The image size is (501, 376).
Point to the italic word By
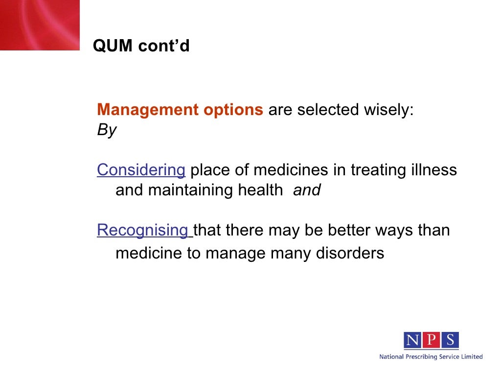pos(107,130)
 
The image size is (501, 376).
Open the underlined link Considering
pos(141,170)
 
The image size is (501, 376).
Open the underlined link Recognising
pos(144,230)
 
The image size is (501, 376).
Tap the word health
pos(260,190)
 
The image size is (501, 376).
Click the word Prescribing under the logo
pos(427,357)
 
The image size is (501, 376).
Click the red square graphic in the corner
pos(39,24)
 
